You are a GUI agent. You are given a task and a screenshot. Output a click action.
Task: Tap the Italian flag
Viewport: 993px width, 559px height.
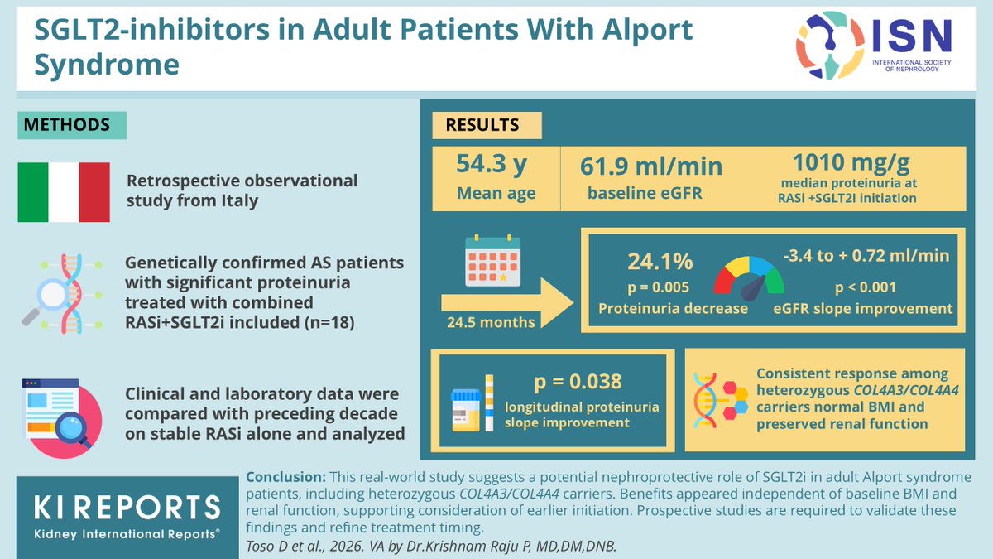(64, 192)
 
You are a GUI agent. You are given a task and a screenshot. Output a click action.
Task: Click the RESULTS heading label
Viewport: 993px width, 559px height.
(483, 126)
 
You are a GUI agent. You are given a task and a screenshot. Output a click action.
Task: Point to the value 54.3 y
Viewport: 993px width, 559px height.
(492, 166)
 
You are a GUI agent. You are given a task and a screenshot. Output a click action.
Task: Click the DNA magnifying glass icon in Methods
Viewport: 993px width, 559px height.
(58, 292)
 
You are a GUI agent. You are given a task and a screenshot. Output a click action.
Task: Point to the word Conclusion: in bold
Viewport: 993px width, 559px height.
(285, 478)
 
